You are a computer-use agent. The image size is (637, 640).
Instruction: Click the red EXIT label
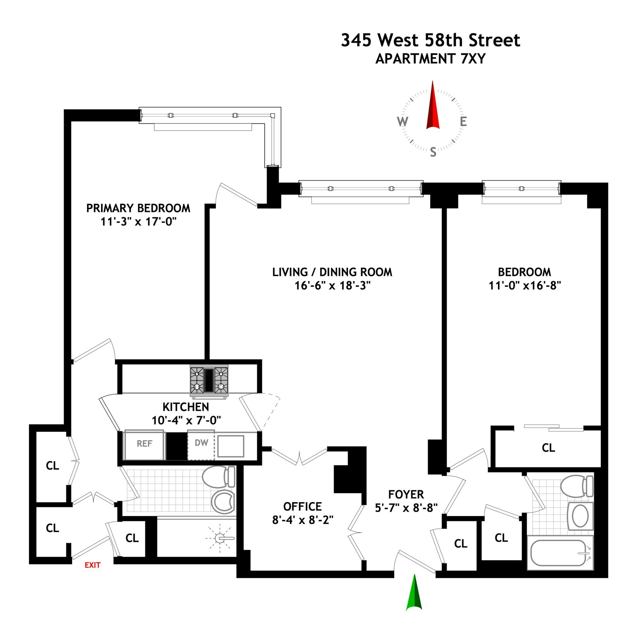click(92, 565)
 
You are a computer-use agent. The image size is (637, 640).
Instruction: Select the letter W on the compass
click(403, 121)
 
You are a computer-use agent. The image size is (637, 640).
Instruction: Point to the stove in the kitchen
click(209, 380)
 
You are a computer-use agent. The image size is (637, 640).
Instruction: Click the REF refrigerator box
click(145, 444)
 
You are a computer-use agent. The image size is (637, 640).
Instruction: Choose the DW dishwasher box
click(201, 444)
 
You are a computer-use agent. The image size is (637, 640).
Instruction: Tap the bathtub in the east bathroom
click(559, 552)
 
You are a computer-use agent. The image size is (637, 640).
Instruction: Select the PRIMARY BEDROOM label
click(138, 208)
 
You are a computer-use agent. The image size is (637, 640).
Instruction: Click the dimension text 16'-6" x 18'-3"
click(332, 286)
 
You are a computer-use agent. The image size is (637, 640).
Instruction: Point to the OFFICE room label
click(302, 507)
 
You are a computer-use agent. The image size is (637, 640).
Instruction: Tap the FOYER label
click(406, 495)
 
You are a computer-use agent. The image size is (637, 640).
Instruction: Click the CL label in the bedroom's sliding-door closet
click(548, 448)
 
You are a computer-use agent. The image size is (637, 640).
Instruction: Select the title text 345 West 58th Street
click(430, 40)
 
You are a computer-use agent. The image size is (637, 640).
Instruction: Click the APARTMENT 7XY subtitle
click(430, 59)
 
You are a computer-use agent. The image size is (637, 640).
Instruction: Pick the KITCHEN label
click(186, 407)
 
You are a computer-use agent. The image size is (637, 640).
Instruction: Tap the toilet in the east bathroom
click(577, 486)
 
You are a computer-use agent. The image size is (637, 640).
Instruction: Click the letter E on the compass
click(463, 121)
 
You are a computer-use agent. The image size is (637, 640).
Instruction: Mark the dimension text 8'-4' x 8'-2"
click(303, 520)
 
